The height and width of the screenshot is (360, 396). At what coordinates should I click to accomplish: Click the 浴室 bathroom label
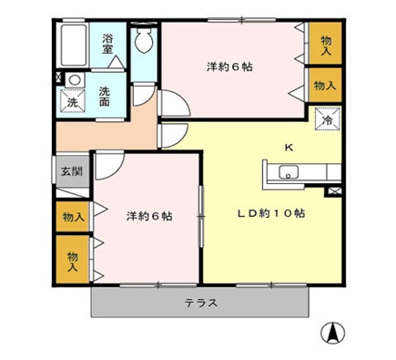point(107,43)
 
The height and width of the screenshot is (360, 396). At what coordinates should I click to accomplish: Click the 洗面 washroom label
point(106,95)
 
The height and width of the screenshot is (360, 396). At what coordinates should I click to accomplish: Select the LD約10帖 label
point(271,213)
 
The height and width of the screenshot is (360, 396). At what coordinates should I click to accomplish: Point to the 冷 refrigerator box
point(326,118)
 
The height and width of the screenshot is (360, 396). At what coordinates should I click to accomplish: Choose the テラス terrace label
point(200,303)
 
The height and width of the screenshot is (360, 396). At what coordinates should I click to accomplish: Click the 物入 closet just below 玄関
point(72,217)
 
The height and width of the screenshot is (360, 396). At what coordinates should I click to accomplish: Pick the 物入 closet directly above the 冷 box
point(323,85)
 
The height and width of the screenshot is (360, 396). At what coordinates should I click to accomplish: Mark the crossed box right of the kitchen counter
point(333,191)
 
